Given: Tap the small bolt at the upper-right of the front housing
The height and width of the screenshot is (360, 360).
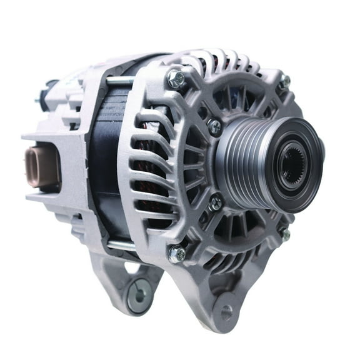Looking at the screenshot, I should pyautogui.click(x=284, y=81).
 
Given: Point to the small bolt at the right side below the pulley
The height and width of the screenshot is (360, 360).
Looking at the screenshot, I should pyautogui.click(x=285, y=234).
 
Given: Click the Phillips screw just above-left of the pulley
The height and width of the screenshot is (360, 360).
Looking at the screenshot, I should pyautogui.click(x=215, y=127).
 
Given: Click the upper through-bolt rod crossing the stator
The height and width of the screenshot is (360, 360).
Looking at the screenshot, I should pyautogui.click(x=119, y=81).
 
